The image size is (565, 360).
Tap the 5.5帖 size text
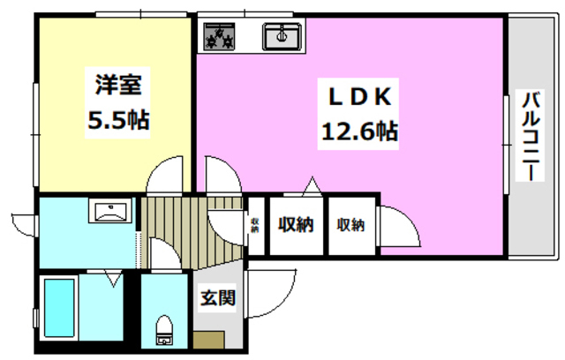[x=117, y=120]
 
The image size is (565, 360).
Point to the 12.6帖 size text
[x=357, y=132]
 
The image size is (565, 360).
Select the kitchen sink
[x=282, y=35]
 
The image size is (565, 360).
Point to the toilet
[x=163, y=329]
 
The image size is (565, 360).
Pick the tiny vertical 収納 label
[x=255, y=224]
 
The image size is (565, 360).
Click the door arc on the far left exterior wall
[x=24, y=219]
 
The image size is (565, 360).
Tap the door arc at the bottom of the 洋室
[x=163, y=176]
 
